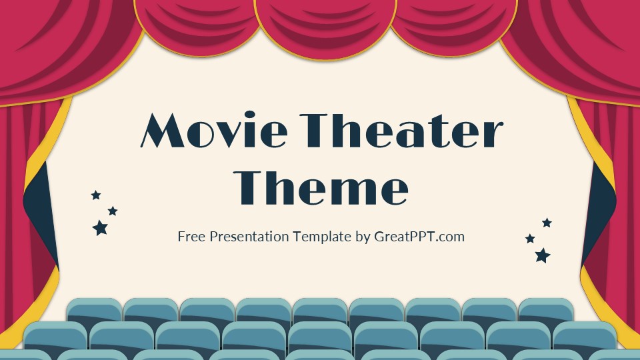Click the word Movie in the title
pyautogui.click(x=213, y=132)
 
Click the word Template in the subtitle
pyautogui.click(x=323, y=236)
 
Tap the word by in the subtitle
pyautogui.click(x=363, y=237)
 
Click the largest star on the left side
pyautogui.click(x=100, y=228)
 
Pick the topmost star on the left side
pyautogui.click(x=96, y=195)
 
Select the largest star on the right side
pyautogui.click(x=543, y=255)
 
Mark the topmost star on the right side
pyautogui.click(x=547, y=223)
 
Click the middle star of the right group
pyautogui.click(x=530, y=239)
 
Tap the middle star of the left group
pyautogui.click(x=113, y=211)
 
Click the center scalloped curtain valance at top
pyautogui.click(x=325, y=27)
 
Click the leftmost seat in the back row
pyautogui.click(x=94, y=310)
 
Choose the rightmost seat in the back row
pyautogui.click(x=545, y=310)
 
